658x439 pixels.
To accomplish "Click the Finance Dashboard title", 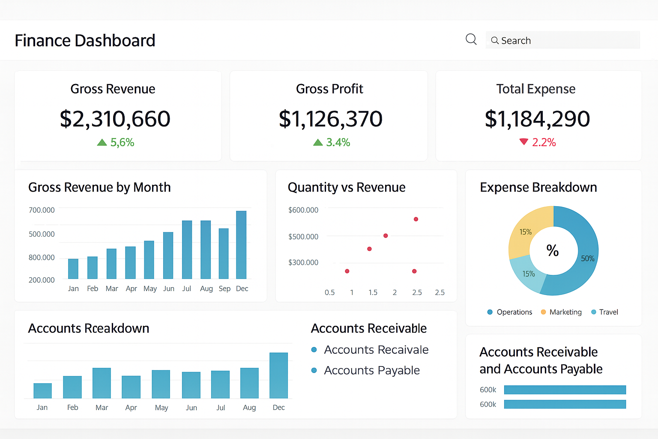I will tap(85, 41).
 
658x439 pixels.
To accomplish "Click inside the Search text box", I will tap(565, 40).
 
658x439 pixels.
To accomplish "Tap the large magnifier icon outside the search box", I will tap(471, 39).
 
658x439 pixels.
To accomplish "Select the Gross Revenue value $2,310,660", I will tap(115, 119).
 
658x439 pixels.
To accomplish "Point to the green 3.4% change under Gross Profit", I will tap(332, 142).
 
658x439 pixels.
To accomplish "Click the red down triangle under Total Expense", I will tap(523, 141).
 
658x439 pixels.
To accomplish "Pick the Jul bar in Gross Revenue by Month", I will tap(187, 250).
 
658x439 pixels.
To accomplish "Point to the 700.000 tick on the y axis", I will tap(42, 210).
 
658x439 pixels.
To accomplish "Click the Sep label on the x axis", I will tap(224, 289).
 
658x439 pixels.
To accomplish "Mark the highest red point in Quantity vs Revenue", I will tap(416, 219).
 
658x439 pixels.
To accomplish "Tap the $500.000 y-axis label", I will tap(303, 237).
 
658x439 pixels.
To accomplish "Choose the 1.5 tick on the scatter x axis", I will tap(373, 292).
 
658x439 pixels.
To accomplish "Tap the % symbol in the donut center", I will tap(553, 250).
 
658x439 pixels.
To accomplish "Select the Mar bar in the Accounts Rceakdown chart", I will tap(102, 383).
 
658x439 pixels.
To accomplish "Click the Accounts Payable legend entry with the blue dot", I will tap(371, 370).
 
